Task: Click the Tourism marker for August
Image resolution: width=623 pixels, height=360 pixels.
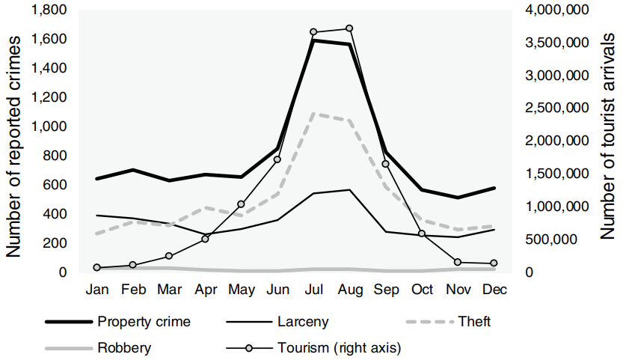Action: tap(349, 28)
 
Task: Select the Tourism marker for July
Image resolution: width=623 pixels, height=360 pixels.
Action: tap(313, 32)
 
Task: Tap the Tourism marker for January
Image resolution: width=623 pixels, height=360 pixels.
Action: tap(97, 267)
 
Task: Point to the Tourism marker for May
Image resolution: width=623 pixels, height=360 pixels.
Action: tap(241, 204)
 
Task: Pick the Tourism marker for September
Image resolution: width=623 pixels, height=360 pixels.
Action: tap(385, 164)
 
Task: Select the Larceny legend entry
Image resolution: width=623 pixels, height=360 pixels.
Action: tap(277, 322)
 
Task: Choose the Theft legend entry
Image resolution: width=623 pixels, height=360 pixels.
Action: tap(449, 322)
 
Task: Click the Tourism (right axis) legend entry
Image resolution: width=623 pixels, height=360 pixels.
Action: tap(314, 347)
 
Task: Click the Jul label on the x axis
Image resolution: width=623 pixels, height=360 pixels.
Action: tap(313, 289)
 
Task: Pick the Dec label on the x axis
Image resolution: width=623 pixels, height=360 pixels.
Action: tap(493, 289)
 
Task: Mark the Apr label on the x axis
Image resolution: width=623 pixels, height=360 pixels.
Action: tap(205, 289)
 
